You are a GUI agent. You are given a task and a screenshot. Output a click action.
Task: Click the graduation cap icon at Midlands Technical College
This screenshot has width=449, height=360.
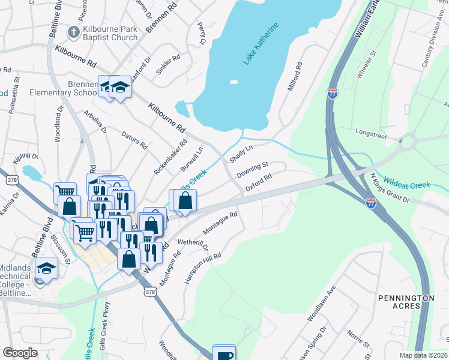pos(46,268)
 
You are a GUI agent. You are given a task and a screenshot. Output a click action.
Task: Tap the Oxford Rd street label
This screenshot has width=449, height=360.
pos(259,181)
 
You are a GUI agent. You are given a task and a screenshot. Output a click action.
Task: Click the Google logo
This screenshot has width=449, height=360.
pos(20,353)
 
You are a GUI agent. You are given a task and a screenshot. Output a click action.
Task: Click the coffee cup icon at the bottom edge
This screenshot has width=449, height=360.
pos(224,354)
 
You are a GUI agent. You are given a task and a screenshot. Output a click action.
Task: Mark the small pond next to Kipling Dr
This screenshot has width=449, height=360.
pos(31,173)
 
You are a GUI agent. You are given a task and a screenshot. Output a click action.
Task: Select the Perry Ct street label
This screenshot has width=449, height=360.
pos(202,34)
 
